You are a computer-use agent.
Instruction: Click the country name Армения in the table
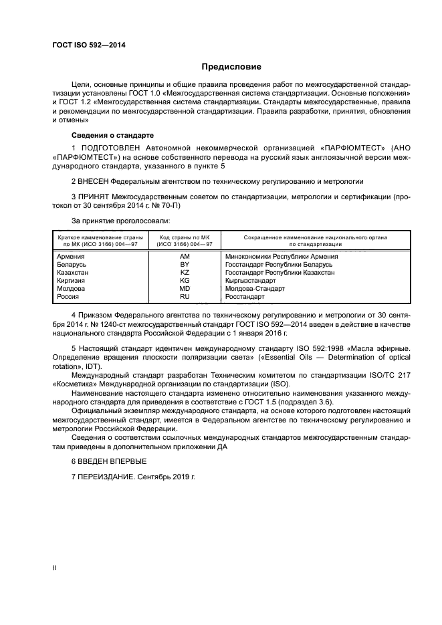[x=71, y=256]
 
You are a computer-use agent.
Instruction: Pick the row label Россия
[x=69, y=297]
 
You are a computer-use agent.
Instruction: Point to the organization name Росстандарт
[x=247, y=297]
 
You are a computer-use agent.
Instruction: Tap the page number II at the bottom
[x=55, y=568]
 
